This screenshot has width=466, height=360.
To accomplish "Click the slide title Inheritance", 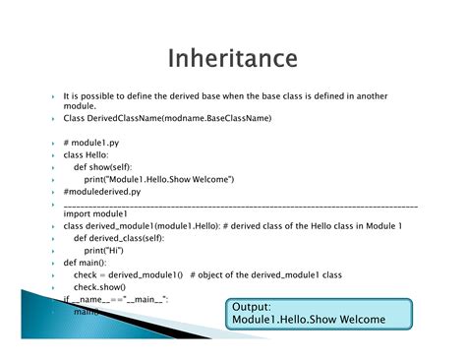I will coord(232,58).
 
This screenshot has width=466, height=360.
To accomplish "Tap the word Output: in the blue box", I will coord(253,307).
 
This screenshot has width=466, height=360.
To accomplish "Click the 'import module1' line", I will coord(95,213).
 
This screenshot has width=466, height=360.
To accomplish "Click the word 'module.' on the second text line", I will coord(79,106).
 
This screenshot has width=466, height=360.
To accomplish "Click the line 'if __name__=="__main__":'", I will coord(116,298).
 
